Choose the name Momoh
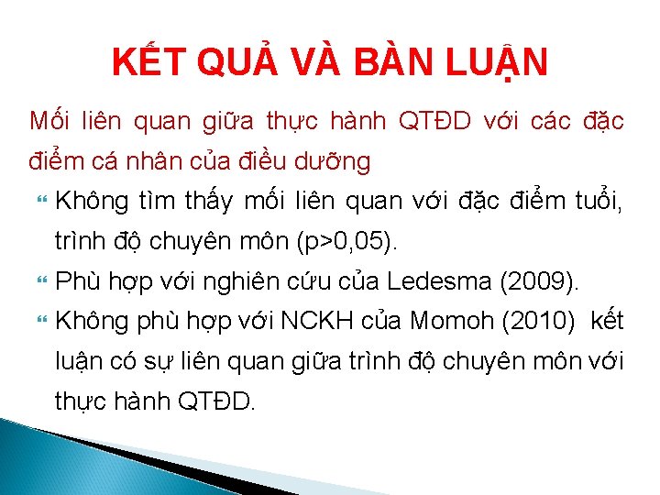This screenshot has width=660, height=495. point(454,321)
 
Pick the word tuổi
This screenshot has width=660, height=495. point(593,200)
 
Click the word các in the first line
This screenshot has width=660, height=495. point(557,119)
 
